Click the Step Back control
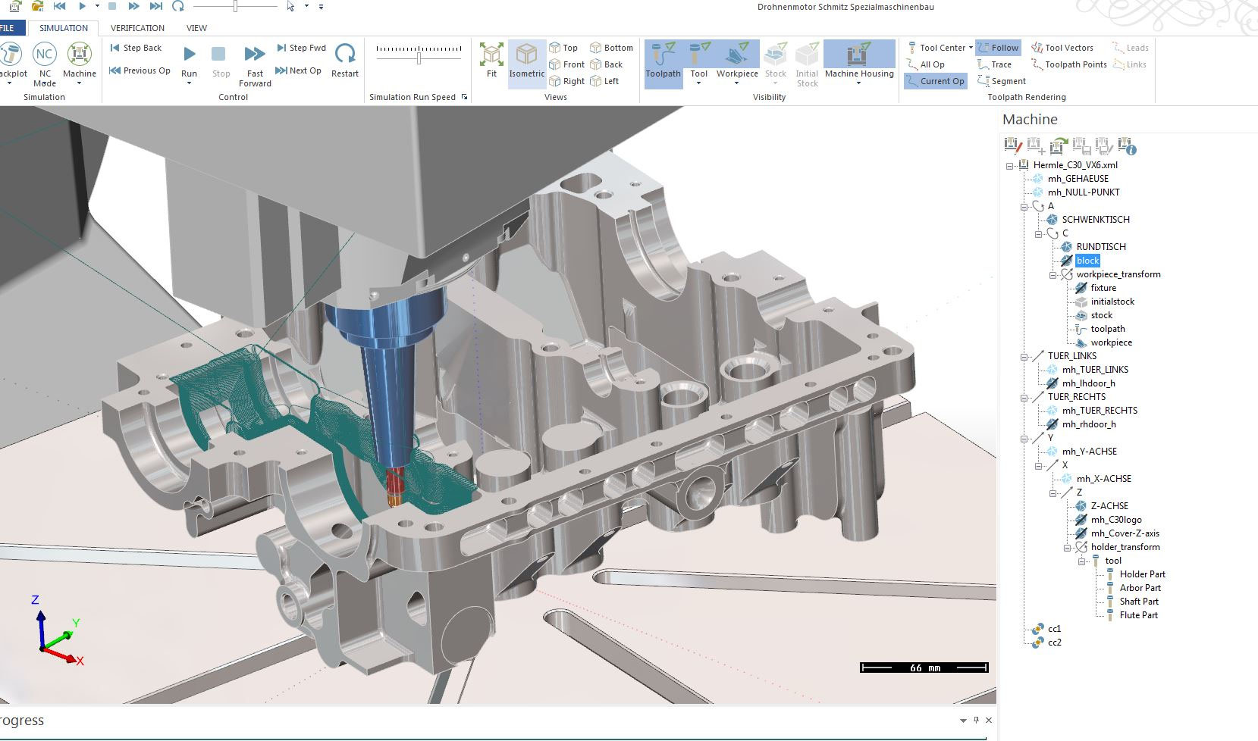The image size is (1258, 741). pos(136,48)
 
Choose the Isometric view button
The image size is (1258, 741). pos(526,61)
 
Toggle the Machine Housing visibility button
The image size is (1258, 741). pos(858,61)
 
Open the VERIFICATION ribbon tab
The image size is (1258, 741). pos(137,28)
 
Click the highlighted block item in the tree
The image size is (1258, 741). pos(1087,261)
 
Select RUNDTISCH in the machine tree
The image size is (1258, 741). pos(1100,247)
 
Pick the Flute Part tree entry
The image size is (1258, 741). pos(1138,615)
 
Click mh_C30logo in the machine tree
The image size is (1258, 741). pos(1115,520)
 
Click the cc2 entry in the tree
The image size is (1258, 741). pos(1054,643)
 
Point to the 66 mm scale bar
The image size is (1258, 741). pos(924,668)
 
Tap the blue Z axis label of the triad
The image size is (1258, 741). pos(35,600)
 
